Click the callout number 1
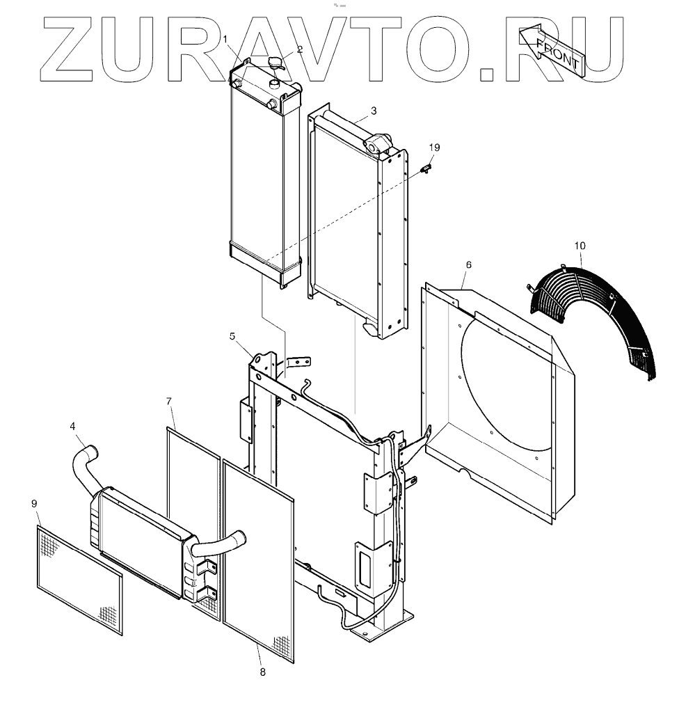click(225, 38)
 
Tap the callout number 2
click(300, 49)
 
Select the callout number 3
click(374, 111)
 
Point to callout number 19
click(434, 148)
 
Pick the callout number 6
click(468, 265)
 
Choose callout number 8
click(262, 672)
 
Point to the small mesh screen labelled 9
click(79, 579)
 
